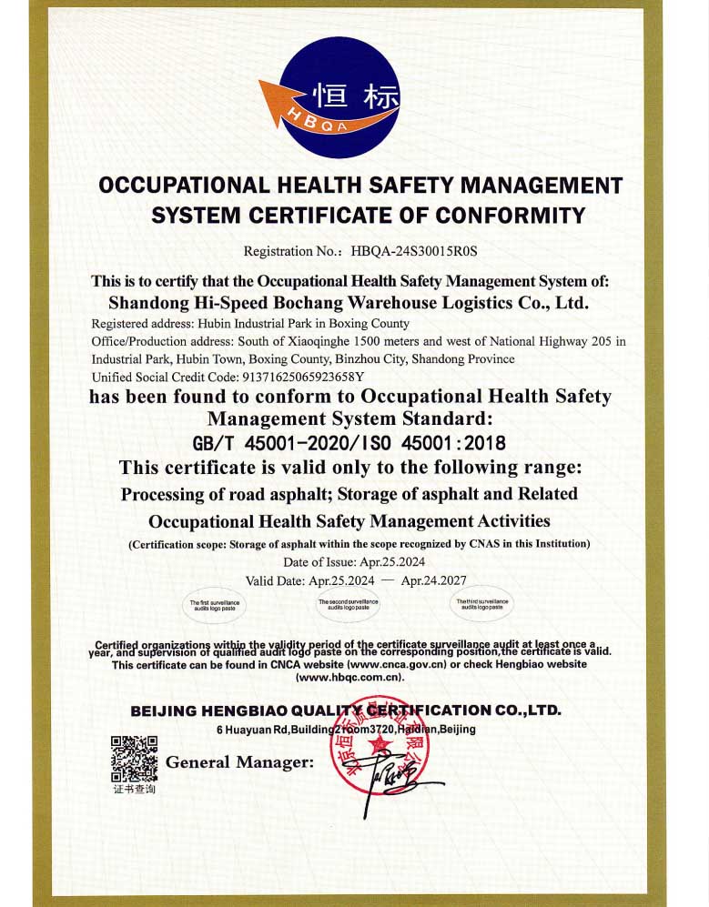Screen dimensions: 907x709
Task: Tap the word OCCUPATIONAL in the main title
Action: click(x=182, y=186)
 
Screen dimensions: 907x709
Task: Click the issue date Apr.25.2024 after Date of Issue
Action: click(x=392, y=562)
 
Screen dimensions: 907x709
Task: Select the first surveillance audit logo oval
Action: click(x=215, y=604)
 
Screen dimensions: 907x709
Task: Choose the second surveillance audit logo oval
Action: click(x=348, y=604)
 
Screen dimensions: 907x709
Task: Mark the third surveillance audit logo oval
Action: click(x=482, y=603)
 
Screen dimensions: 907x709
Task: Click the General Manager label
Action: click(x=239, y=761)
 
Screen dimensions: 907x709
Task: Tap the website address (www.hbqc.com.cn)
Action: click(x=349, y=678)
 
